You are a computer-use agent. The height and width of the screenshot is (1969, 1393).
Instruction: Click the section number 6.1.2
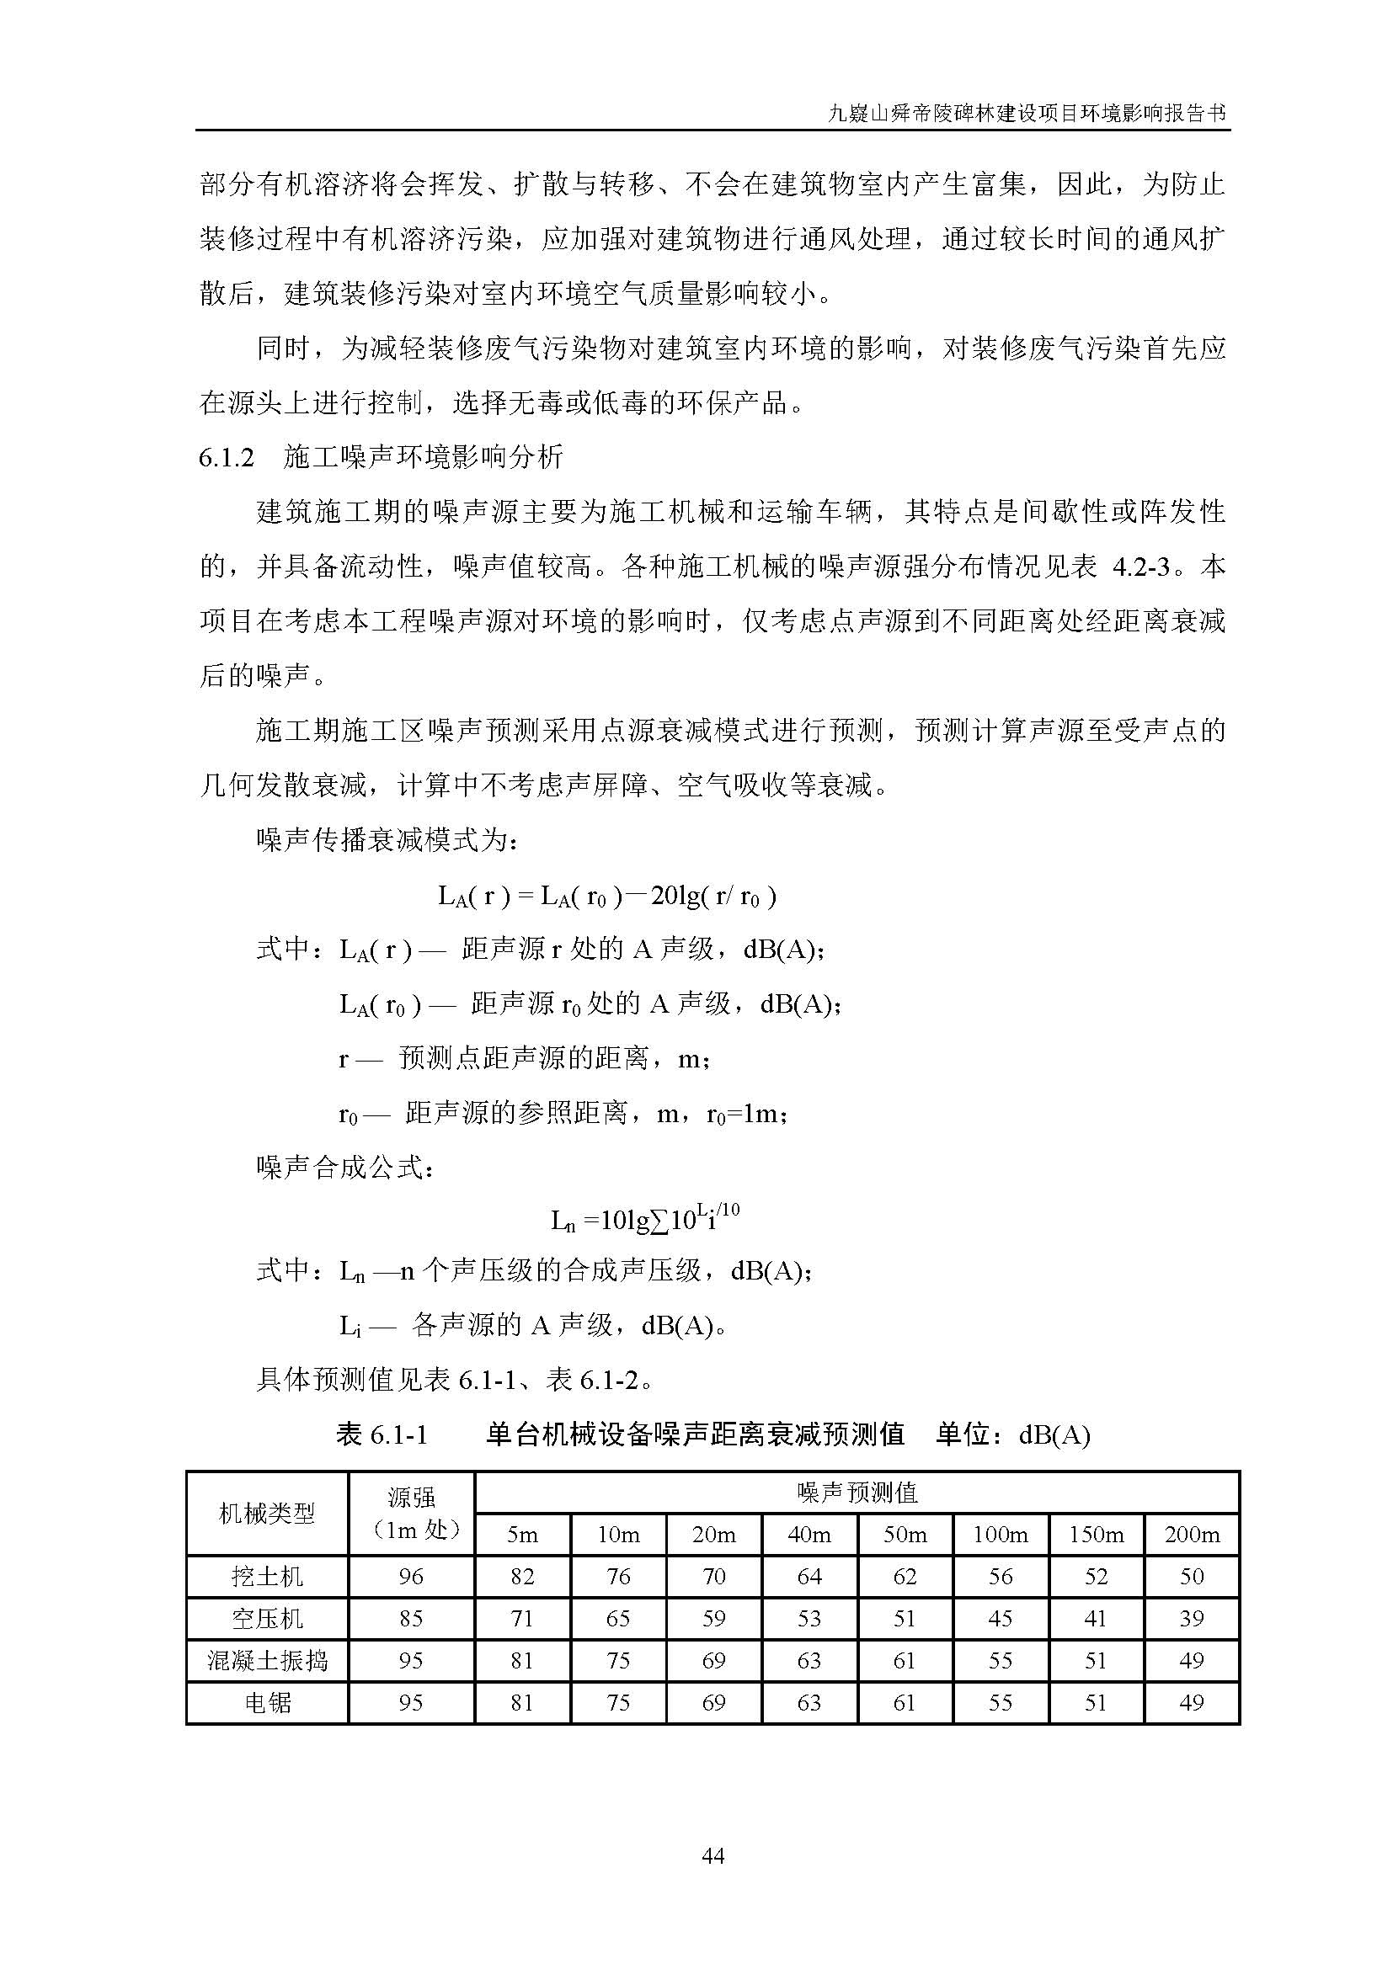click(227, 458)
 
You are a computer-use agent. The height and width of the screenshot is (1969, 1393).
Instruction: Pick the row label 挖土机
click(267, 1576)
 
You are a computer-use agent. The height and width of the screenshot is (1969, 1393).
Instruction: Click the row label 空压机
click(267, 1618)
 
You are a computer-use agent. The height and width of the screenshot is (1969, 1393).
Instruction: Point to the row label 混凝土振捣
click(267, 1660)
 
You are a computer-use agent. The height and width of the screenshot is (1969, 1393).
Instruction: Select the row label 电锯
click(267, 1702)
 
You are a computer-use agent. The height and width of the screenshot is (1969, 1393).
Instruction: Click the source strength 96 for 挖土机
click(411, 1576)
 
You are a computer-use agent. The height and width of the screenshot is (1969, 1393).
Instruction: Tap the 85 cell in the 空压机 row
click(411, 1618)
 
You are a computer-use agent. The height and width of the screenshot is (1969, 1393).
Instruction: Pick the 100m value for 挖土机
click(1001, 1576)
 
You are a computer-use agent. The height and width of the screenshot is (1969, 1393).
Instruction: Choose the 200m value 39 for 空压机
click(1192, 1618)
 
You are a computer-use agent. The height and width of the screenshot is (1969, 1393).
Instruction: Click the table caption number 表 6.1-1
click(382, 1434)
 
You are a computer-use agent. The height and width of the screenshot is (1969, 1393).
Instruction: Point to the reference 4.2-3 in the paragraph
click(1142, 567)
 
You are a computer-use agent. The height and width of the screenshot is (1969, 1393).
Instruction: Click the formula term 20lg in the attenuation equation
click(675, 897)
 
